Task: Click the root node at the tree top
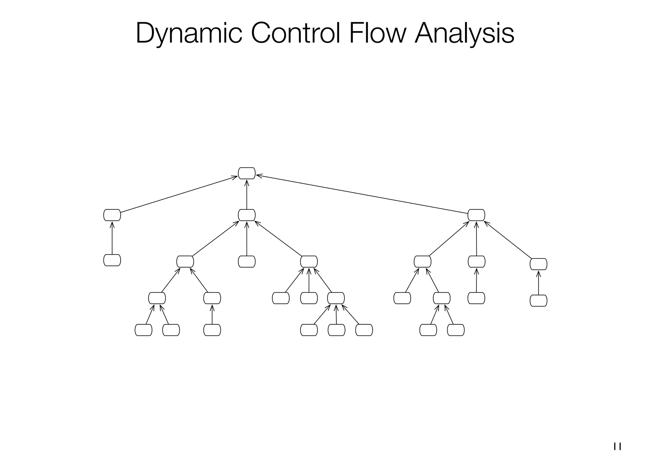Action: pyautogui.click(x=247, y=173)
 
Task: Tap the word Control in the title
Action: pyautogui.click(x=295, y=33)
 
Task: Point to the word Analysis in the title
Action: pyautogui.click(x=464, y=33)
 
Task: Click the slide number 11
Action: pyautogui.click(x=617, y=446)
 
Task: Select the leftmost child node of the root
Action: pyautogui.click(x=112, y=215)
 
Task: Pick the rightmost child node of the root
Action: pyautogui.click(x=476, y=215)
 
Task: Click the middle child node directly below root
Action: pyautogui.click(x=247, y=215)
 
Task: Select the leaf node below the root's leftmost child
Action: pyautogui.click(x=112, y=260)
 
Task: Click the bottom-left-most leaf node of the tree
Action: pyautogui.click(x=143, y=330)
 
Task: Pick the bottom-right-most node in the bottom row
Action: pyautogui.click(x=456, y=330)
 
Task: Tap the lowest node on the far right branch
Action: pyautogui.click(x=538, y=301)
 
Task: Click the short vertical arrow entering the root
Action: pyautogui.click(x=247, y=194)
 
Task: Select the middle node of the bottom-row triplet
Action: pyautogui.click(x=336, y=330)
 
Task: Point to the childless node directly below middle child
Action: pyautogui.click(x=247, y=262)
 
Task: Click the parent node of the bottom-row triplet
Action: pyautogui.click(x=336, y=298)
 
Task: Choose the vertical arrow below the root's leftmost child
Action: pyautogui.click(x=112, y=238)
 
